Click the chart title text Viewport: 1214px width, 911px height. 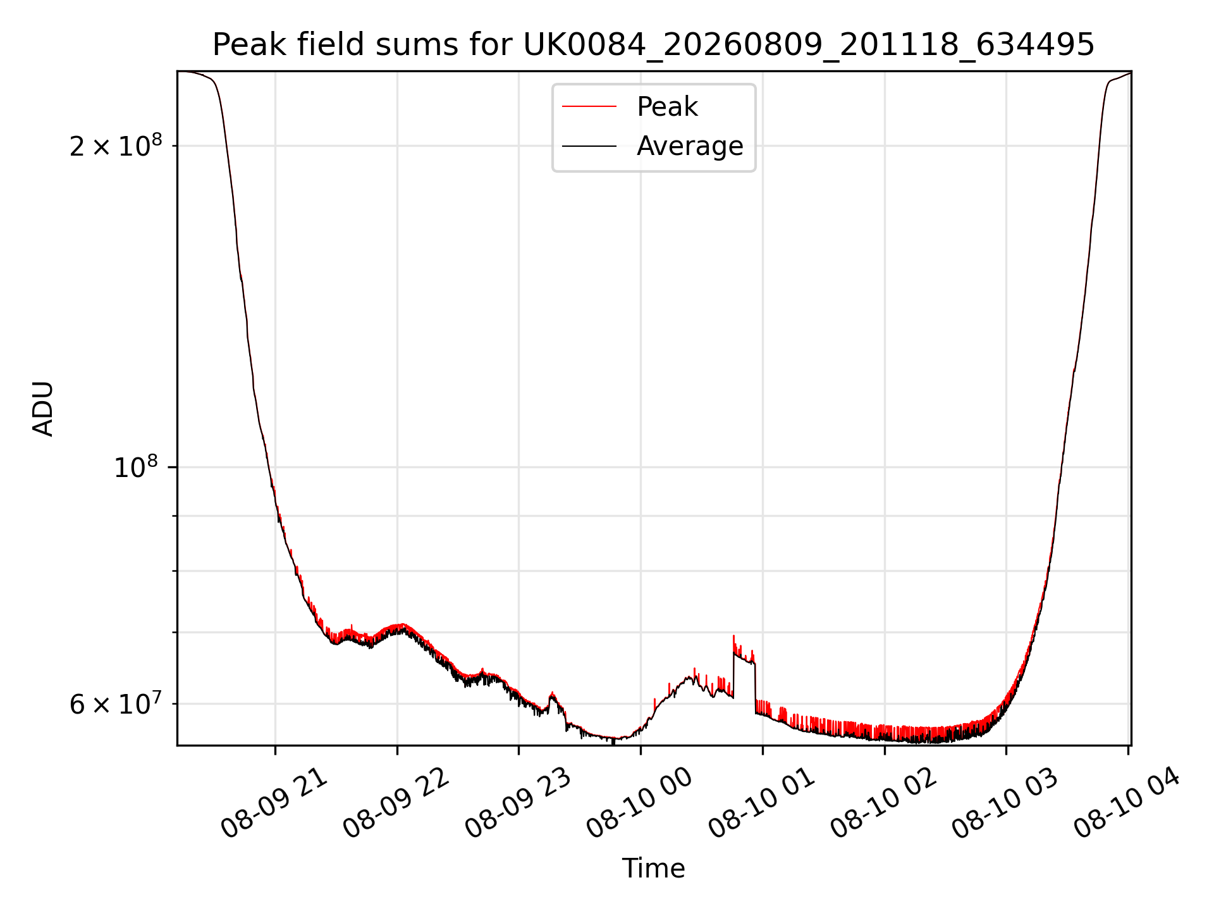pyautogui.click(x=653, y=45)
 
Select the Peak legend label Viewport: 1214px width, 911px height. pyautogui.click(x=667, y=107)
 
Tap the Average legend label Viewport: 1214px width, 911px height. pyautogui.click(x=690, y=146)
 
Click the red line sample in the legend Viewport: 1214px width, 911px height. pyautogui.click(x=589, y=107)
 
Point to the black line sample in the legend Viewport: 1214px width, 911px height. pyautogui.click(x=589, y=146)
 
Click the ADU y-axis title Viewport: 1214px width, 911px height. pyautogui.click(x=43, y=409)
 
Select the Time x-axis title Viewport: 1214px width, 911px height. pyautogui.click(x=653, y=869)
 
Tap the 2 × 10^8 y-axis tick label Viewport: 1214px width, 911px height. pyautogui.click(x=116, y=147)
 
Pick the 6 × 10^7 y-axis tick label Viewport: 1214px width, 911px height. pyautogui.click(x=116, y=704)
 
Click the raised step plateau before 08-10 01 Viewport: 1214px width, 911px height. pyautogui.click(x=744, y=658)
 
